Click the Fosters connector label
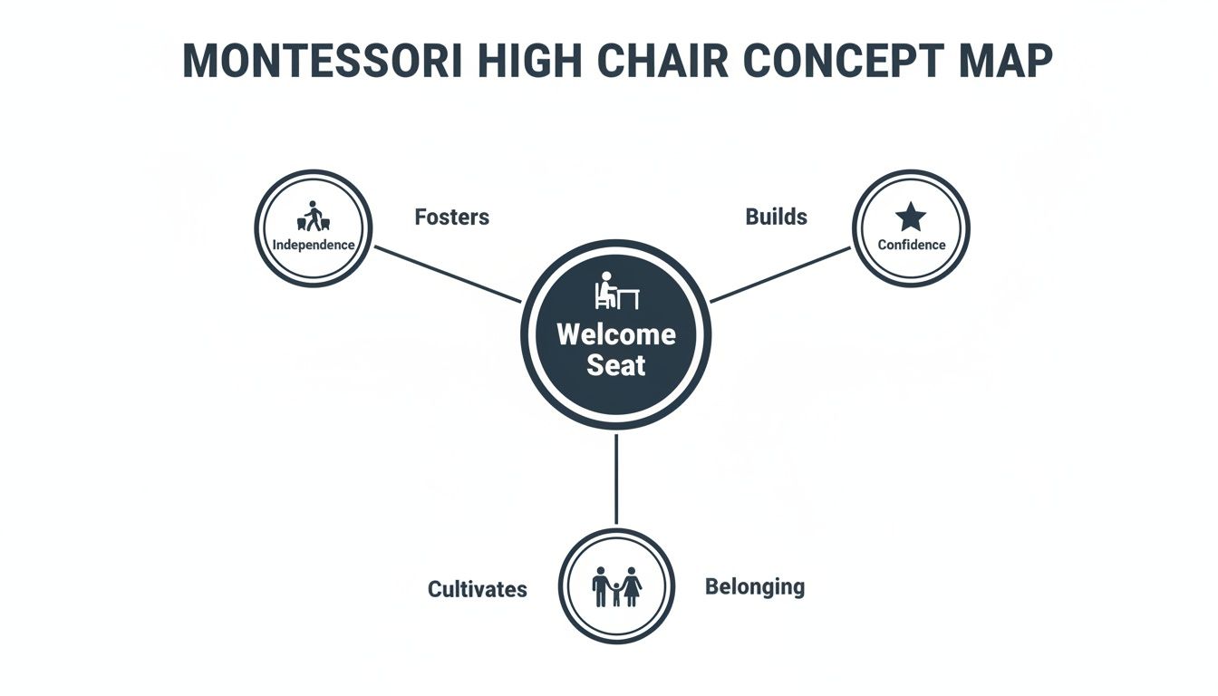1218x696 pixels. tap(451, 217)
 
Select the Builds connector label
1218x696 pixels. tap(776, 217)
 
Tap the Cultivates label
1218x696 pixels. tap(477, 589)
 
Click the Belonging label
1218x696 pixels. tap(754, 587)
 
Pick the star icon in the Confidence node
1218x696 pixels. tap(911, 217)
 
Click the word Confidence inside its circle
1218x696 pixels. tap(911, 245)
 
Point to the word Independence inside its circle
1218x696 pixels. tap(314, 245)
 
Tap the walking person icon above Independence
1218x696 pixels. tap(314, 217)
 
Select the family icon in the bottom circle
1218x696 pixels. tap(616, 587)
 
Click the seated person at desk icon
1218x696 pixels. tap(616, 292)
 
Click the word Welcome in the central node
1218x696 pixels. tap(616, 334)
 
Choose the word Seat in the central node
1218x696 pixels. tap(616, 365)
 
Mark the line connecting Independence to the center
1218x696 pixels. tap(448, 274)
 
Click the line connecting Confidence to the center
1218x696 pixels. tap(781, 274)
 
